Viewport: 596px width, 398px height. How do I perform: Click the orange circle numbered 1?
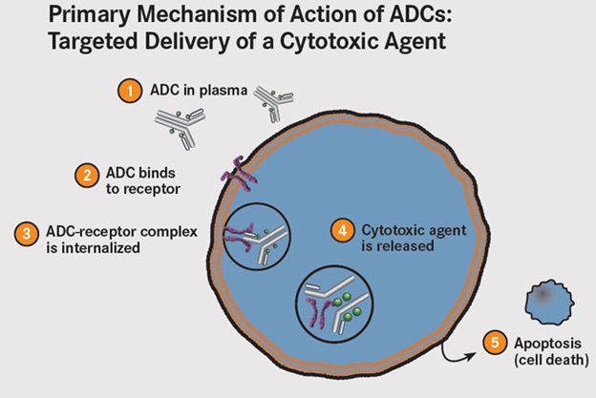click(126, 92)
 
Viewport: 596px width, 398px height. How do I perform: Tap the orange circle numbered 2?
click(86, 174)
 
